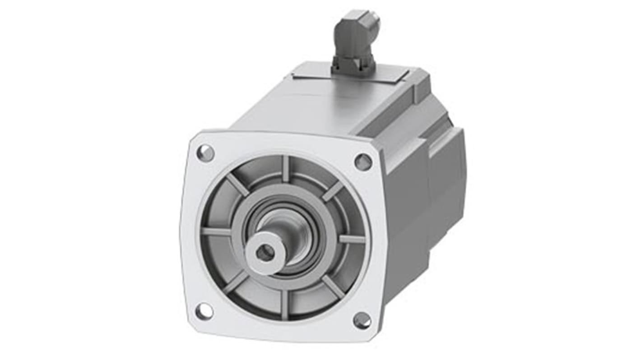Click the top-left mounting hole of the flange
click(205, 153)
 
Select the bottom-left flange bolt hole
click(204, 311)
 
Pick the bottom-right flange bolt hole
click(362, 320)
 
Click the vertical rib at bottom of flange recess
click(285, 305)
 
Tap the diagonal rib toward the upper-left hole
click(237, 185)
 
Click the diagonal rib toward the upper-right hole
click(333, 191)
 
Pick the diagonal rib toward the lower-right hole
click(333, 286)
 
